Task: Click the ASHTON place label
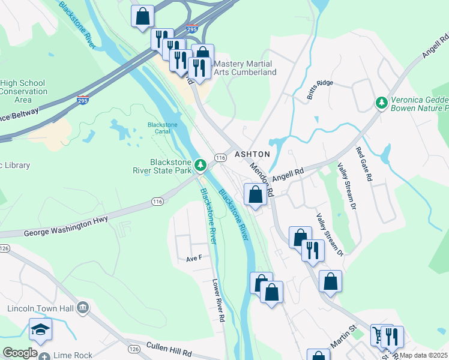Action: click(252, 154)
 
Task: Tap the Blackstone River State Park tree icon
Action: click(200, 164)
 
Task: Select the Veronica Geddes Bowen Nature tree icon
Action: click(381, 103)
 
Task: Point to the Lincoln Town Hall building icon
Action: click(83, 308)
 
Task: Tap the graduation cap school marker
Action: click(40, 329)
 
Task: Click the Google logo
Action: click(19, 353)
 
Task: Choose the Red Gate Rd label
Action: click(364, 165)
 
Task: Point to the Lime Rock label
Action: click(73, 355)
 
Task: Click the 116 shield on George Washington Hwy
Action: click(157, 202)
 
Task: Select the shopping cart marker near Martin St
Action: click(381, 334)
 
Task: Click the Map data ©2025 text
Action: click(424, 355)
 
